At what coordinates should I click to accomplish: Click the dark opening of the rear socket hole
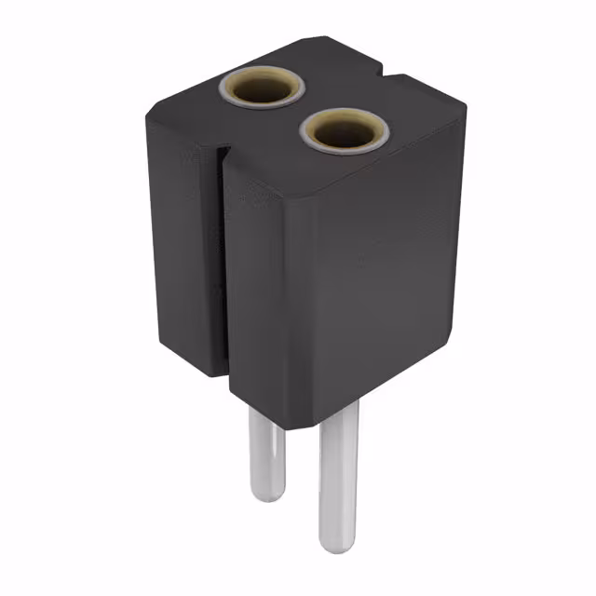262,89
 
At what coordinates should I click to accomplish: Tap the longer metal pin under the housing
336,484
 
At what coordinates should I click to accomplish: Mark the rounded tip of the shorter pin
266,495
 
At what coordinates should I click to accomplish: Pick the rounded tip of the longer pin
335,545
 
